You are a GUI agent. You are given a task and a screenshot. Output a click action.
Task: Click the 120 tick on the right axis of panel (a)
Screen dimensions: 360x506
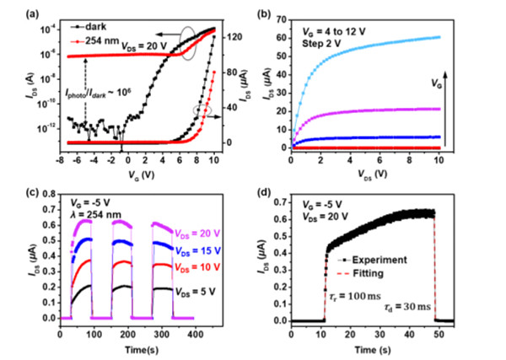coord(234,38)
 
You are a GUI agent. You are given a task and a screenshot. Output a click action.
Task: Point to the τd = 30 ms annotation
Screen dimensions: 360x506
coord(402,309)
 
